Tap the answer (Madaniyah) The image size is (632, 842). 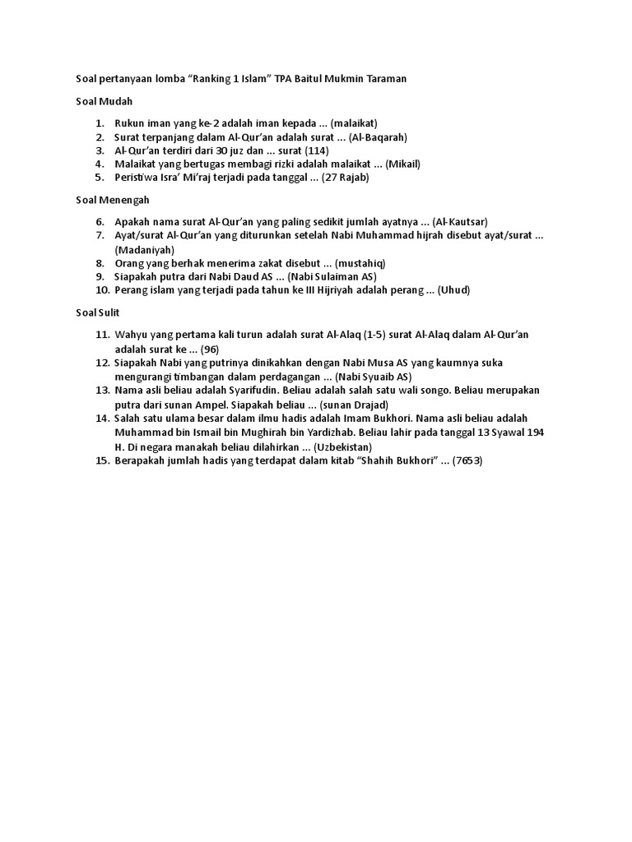145,249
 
